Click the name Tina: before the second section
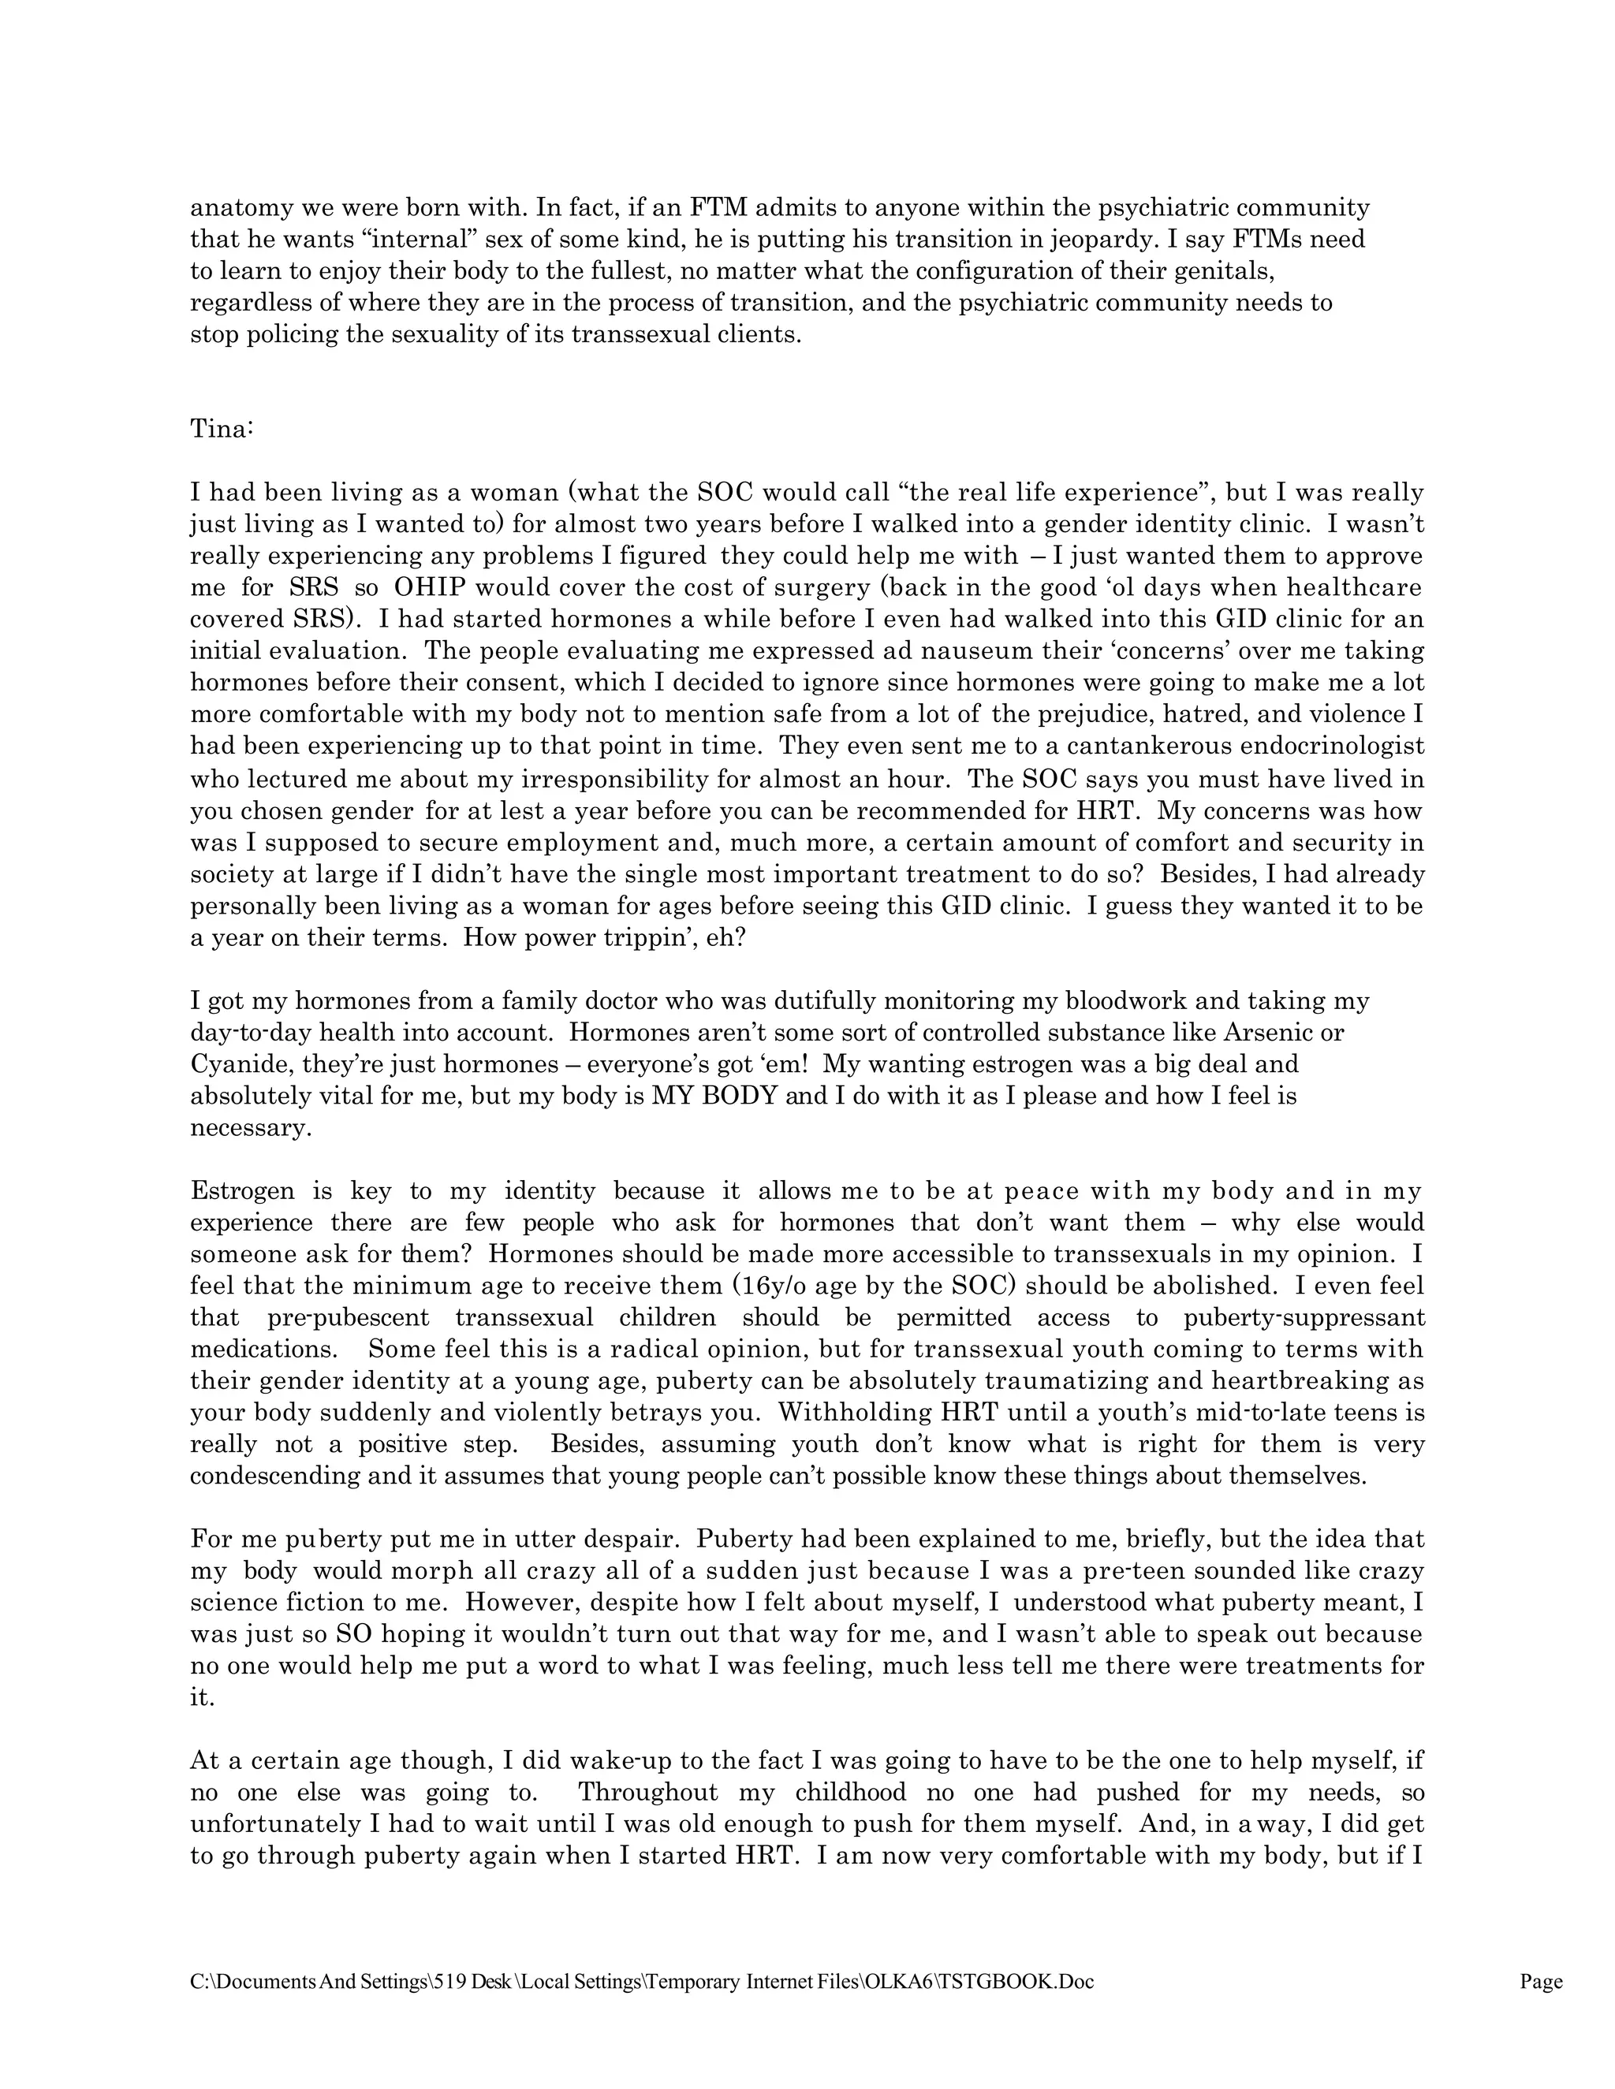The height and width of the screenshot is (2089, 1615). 221,430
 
